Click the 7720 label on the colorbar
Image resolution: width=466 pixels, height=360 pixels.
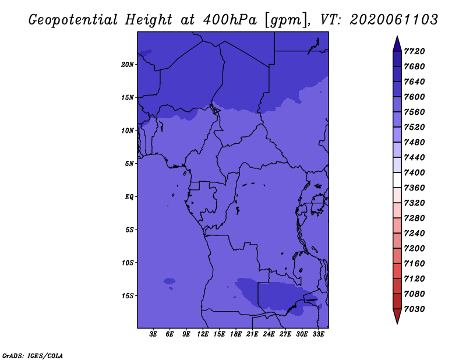[414, 51]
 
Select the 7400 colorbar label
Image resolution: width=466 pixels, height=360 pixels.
[414, 172]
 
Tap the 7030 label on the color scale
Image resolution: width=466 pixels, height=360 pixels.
[414, 309]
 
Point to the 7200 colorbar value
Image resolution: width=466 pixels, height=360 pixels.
[414, 249]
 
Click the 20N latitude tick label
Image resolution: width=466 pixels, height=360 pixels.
[128, 65]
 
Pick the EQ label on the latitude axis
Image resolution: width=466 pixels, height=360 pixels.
[129, 197]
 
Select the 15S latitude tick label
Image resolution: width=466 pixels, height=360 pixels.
[128, 296]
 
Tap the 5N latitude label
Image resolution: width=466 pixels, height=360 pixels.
[129, 164]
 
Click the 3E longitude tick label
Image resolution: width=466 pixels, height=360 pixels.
[153, 334]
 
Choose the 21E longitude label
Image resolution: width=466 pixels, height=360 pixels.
[252, 334]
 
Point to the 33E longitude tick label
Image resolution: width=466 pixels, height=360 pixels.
[318, 334]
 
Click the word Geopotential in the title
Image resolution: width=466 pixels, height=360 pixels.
[73, 20]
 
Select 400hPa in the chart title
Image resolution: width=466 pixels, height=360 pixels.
[230, 20]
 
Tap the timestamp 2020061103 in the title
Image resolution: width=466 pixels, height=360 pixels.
[394, 20]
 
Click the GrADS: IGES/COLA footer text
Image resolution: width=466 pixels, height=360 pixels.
[33, 356]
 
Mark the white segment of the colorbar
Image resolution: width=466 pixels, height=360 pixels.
[397, 180]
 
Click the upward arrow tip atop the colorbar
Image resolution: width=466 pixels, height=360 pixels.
[397, 36]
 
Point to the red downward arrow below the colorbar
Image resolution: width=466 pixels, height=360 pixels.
[397, 316]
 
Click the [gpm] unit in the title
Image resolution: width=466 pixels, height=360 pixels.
[286, 20]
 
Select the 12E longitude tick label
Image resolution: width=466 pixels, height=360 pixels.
[203, 334]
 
